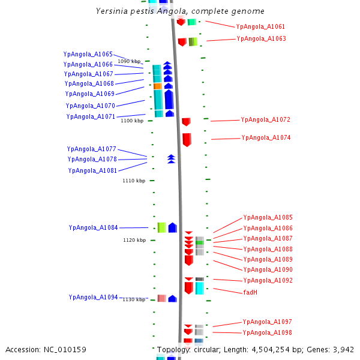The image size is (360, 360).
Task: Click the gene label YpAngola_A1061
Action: click(260, 27)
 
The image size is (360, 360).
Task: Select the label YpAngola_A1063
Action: click(261, 39)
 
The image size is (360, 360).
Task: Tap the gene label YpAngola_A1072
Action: click(265, 120)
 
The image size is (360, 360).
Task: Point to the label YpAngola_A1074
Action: click(266, 138)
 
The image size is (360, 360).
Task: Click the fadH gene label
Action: click(250, 293)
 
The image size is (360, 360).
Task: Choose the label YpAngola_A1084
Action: click(93, 228)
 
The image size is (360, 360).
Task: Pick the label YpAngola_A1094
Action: click(93, 298)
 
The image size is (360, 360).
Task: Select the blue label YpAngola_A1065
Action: click(88, 55)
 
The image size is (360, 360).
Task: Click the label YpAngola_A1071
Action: click(91, 117)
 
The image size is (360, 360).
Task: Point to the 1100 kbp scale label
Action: click(132, 121)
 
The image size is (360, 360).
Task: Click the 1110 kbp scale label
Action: click(134, 181)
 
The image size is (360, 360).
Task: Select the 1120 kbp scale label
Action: click(134, 241)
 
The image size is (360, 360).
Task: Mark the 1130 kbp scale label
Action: click(134, 299)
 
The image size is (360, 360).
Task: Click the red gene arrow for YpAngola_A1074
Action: click(187, 140)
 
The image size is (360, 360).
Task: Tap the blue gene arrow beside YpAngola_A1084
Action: click(173, 227)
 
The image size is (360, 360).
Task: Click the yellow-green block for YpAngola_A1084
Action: click(161, 227)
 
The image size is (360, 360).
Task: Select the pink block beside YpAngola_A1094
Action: click(161, 298)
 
